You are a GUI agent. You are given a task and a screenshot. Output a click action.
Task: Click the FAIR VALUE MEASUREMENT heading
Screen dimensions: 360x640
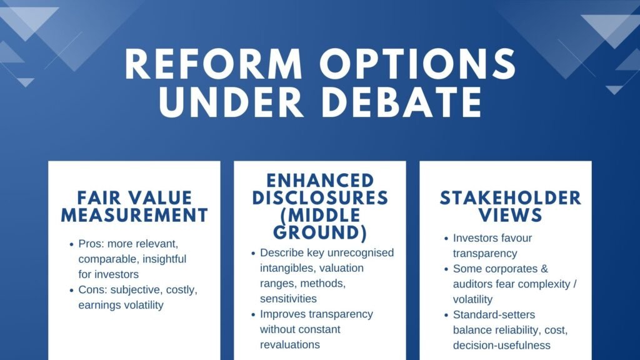[x=134, y=206]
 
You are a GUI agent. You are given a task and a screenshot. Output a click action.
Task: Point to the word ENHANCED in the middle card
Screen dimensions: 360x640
[x=320, y=181]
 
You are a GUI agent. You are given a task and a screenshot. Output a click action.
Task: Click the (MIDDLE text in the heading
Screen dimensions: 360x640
[x=320, y=216]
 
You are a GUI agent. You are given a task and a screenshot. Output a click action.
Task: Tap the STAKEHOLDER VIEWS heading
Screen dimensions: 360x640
[x=510, y=206]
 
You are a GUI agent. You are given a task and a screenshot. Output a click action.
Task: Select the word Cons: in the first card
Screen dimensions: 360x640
[x=92, y=289]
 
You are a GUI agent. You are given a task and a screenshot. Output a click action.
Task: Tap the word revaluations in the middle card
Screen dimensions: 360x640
[x=290, y=344]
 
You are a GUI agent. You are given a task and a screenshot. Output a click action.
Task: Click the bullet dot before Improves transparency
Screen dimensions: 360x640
[x=253, y=314]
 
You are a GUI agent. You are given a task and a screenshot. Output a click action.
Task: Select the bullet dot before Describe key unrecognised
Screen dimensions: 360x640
[x=253, y=254]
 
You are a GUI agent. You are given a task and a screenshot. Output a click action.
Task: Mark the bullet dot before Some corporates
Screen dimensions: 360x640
[x=446, y=269]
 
